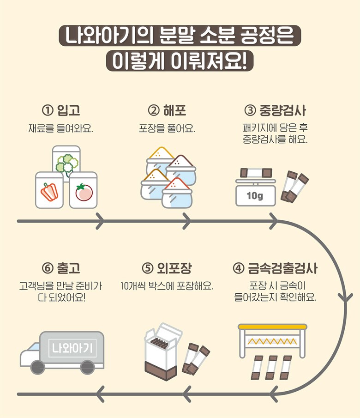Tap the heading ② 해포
[167, 111]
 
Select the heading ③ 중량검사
[275, 111]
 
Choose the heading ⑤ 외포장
[167, 268]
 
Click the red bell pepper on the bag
[48, 191]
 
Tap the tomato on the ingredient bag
[84, 192]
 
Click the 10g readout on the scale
[254, 196]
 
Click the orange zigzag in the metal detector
[272, 342]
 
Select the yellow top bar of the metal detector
[272, 327]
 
